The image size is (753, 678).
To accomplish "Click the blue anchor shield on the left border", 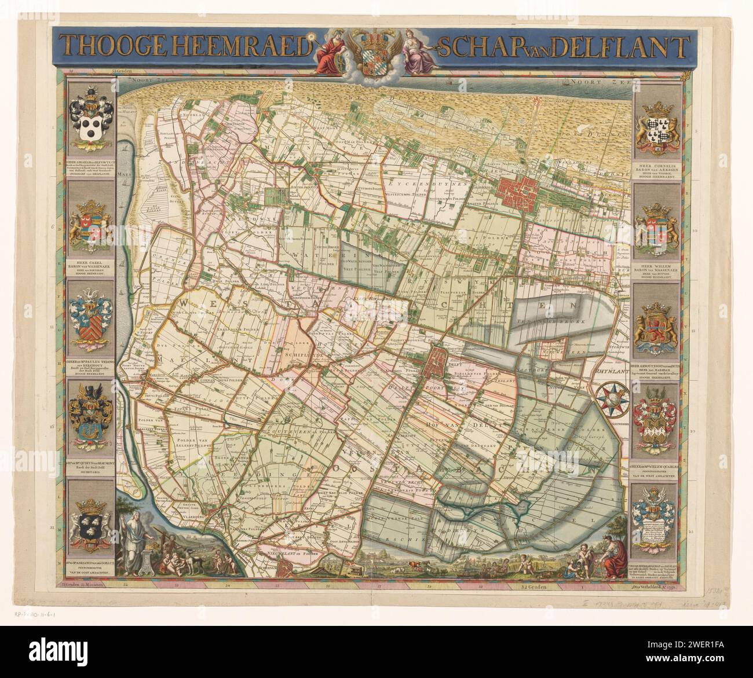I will (x=89, y=415).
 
